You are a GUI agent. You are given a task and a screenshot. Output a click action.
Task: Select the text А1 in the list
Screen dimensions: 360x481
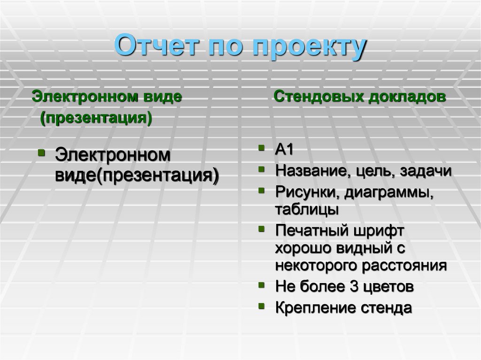click(x=284, y=150)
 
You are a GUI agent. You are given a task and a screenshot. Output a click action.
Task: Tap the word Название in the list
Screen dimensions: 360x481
click(x=310, y=171)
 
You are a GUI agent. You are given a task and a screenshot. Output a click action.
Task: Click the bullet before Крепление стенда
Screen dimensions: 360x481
click(x=261, y=306)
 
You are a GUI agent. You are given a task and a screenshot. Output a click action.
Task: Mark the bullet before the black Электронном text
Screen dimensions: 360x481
click(x=41, y=153)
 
